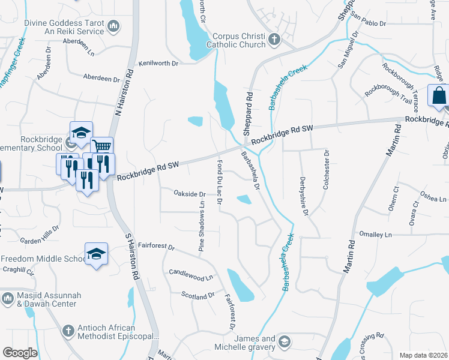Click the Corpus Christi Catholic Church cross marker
point(275,40)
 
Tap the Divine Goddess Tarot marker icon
point(113,26)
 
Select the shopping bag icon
point(438,96)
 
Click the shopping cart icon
point(102,147)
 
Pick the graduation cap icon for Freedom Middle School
point(96,254)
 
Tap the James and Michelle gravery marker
point(285,343)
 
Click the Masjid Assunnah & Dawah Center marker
point(8,298)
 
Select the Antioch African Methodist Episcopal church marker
point(68,331)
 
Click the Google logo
point(20,353)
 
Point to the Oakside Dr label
point(190,194)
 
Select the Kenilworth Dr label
point(158,62)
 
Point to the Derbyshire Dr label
point(305,196)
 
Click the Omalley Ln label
point(375,234)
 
